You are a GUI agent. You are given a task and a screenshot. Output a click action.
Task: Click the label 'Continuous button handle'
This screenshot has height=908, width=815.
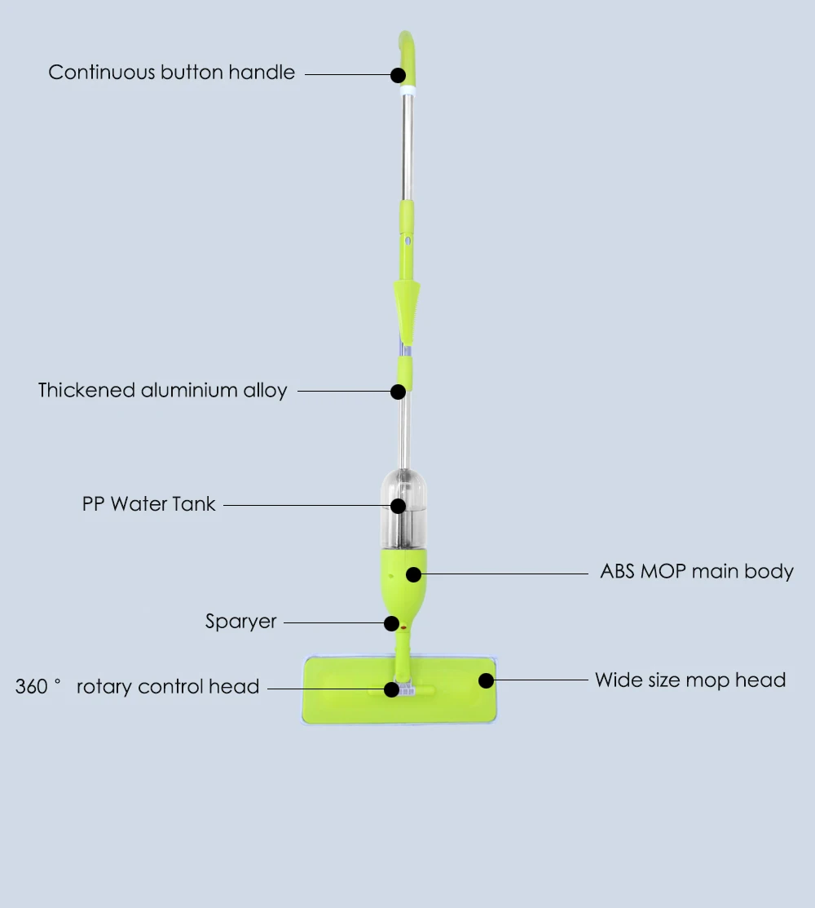coord(171,73)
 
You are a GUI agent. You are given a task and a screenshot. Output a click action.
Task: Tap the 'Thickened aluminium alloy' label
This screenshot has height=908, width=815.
coord(163,390)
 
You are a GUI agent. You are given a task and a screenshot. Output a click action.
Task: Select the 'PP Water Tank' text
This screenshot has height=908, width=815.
coord(149,503)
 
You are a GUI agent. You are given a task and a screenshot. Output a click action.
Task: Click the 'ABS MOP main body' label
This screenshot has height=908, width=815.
coord(697,571)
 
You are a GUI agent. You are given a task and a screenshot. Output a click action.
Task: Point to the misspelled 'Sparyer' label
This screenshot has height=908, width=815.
coord(241,622)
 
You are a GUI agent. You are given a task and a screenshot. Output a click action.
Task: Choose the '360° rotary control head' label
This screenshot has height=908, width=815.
coord(138,687)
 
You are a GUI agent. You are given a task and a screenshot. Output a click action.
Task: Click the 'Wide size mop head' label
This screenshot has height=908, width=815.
coord(690,680)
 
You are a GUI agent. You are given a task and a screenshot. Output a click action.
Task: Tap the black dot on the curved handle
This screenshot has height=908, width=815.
coord(398,75)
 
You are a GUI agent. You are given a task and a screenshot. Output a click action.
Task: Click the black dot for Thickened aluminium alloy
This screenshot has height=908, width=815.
coord(398,392)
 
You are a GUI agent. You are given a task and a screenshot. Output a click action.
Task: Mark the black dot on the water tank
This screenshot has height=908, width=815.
coord(398,506)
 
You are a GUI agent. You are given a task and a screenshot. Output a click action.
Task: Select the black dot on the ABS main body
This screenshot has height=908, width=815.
coord(414,574)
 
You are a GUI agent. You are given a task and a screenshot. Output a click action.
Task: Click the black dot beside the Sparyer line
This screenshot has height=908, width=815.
coord(392,623)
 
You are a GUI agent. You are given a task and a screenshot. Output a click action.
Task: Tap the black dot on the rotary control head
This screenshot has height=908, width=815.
coord(392,689)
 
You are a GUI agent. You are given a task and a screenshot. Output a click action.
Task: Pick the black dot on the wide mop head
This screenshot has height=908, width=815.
coord(486,680)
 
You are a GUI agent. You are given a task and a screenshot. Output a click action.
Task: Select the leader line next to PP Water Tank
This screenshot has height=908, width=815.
coord(306,505)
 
